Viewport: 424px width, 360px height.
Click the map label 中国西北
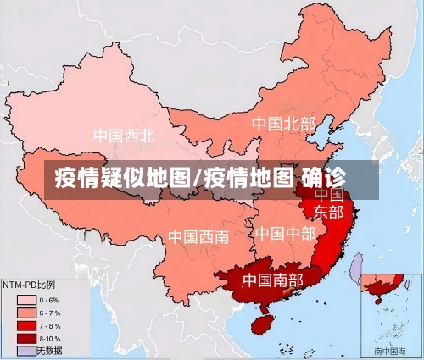click(x=124, y=135)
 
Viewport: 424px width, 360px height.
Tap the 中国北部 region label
click(x=283, y=124)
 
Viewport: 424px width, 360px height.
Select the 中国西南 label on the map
click(x=198, y=236)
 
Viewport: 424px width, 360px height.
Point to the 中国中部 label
click(x=285, y=233)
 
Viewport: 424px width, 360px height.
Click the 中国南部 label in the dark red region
click(x=272, y=280)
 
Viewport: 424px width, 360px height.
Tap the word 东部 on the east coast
click(x=329, y=211)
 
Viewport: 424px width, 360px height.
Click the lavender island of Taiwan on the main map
click(x=357, y=270)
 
